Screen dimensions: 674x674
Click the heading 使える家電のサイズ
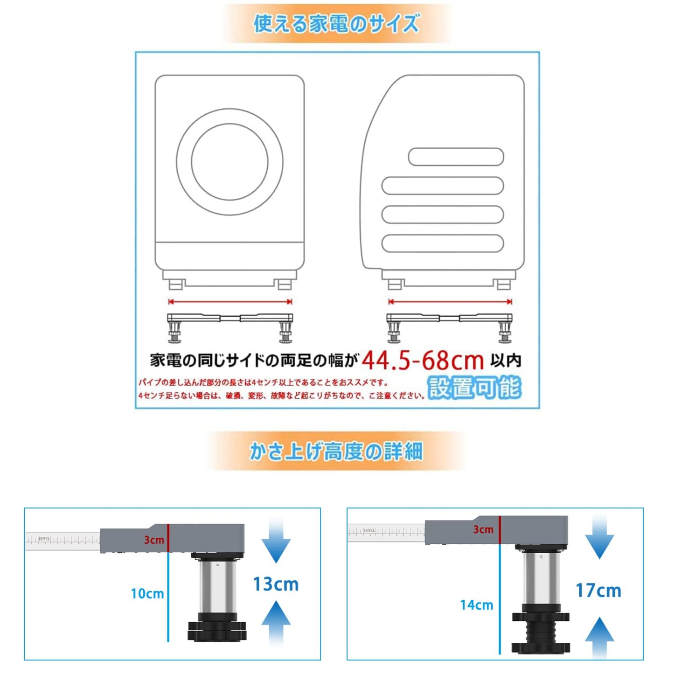point(336,23)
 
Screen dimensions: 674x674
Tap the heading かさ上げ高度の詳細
point(336,451)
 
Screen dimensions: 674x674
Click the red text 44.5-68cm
point(423,360)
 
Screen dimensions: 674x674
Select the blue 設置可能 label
point(474,388)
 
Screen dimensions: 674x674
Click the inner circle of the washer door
point(229,161)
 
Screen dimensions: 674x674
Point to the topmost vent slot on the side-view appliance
point(456,157)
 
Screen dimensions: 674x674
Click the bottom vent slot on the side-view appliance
point(442,243)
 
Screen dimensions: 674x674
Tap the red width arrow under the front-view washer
point(230,301)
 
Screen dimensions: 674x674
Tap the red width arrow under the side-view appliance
point(450,301)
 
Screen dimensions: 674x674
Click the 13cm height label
point(276,584)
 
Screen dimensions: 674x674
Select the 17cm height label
point(598,591)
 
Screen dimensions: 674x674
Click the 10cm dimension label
point(147,594)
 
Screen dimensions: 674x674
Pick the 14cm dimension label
point(476,605)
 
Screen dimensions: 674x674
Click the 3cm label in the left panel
point(153,540)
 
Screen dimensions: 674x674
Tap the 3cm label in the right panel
point(483,529)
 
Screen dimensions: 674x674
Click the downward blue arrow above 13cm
point(276,543)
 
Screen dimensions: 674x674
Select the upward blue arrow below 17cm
point(599,637)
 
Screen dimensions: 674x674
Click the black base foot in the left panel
point(217,631)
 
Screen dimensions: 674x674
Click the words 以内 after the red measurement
point(506,360)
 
